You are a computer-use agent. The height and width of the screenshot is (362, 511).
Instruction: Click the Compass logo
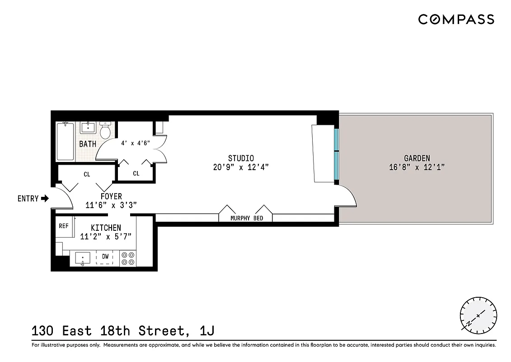[x=456, y=19]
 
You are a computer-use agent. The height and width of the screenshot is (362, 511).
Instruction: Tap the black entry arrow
[x=45, y=198]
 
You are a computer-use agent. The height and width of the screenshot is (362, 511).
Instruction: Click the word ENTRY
[x=28, y=198]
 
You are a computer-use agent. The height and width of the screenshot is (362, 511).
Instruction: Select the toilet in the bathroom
[x=105, y=131]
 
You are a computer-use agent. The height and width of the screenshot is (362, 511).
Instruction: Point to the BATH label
[x=88, y=144]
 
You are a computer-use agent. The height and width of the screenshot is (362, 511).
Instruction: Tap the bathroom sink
[x=87, y=127]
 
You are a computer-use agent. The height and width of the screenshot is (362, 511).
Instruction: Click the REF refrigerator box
[x=64, y=226]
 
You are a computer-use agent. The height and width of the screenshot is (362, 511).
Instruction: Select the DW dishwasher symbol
[x=105, y=257]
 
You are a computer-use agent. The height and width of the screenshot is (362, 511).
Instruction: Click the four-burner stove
[x=128, y=258]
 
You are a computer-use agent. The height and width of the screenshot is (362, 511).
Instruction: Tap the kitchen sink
[x=82, y=258]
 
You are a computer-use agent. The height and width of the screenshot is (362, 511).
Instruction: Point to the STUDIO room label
[x=241, y=158]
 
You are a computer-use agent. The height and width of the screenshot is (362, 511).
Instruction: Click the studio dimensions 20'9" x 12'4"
[x=241, y=167]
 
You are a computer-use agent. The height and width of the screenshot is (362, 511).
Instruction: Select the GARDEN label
[x=417, y=158]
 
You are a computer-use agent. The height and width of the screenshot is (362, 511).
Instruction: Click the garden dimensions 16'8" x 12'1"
[x=417, y=167]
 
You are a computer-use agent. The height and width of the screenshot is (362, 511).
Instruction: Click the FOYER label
[x=111, y=196]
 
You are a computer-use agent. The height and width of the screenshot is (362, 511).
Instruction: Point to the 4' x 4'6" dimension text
[x=136, y=143]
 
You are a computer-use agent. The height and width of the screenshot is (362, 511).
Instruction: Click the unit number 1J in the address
[x=206, y=331]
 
